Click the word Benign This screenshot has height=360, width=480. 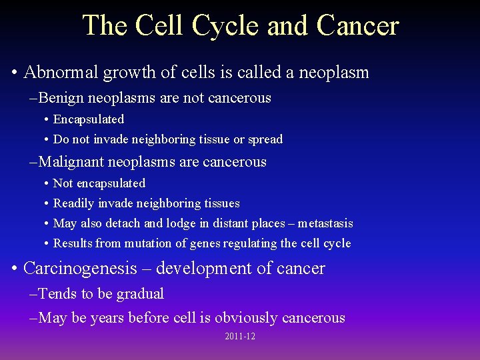(x=62, y=98)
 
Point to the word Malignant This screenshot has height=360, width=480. (x=71, y=162)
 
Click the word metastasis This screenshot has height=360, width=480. (x=325, y=223)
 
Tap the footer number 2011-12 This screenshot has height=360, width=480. (x=240, y=337)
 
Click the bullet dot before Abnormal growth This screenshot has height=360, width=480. (x=14, y=73)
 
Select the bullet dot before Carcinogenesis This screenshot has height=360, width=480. (x=14, y=269)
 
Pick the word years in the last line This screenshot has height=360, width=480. (x=109, y=318)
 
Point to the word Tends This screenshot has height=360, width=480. (x=56, y=294)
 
